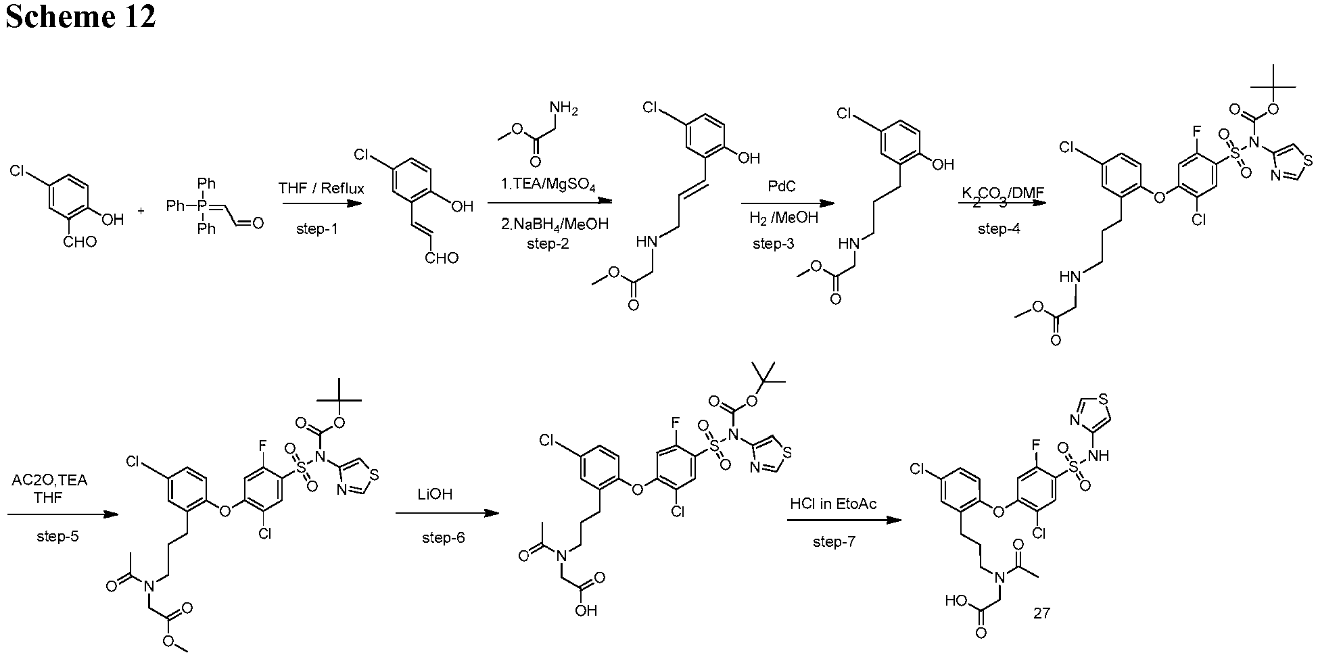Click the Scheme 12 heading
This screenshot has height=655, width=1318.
(80, 16)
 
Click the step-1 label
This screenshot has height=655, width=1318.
(317, 229)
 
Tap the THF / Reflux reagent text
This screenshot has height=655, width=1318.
(321, 189)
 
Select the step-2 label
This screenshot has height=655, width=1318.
(548, 243)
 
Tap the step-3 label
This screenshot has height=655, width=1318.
(774, 243)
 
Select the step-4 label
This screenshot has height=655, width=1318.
(999, 229)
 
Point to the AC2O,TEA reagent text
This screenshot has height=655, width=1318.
(49, 481)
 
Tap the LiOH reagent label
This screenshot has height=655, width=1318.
(435, 494)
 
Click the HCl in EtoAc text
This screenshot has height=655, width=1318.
(834, 504)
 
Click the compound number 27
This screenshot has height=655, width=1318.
(1041, 613)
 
